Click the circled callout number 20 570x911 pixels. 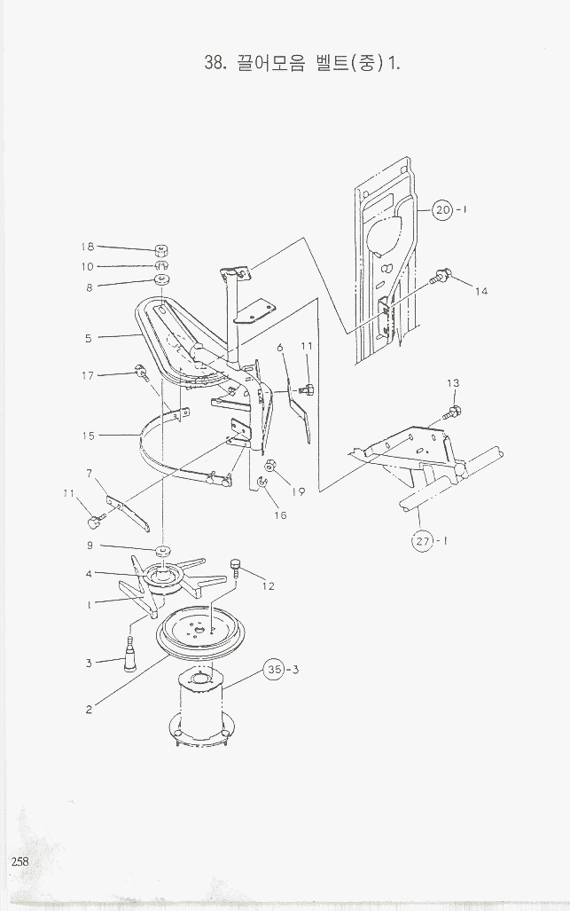pyautogui.click(x=442, y=210)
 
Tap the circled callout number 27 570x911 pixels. pyautogui.click(x=422, y=540)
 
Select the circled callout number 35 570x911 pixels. pyautogui.click(x=274, y=671)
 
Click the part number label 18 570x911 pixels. pyautogui.click(x=88, y=247)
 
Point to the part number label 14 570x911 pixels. pyautogui.click(x=480, y=291)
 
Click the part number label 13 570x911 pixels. pyautogui.click(x=452, y=382)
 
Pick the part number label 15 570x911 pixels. pyautogui.click(x=88, y=436)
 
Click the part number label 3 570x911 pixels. pyautogui.click(x=89, y=663)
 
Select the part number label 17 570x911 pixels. pyautogui.click(x=88, y=376)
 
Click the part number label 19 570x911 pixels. pyautogui.click(x=299, y=491)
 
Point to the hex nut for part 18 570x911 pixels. pyautogui.click(x=162, y=250)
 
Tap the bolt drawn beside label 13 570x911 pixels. pyautogui.click(x=451, y=411)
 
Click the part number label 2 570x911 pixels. pyautogui.click(x=90, y=709)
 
